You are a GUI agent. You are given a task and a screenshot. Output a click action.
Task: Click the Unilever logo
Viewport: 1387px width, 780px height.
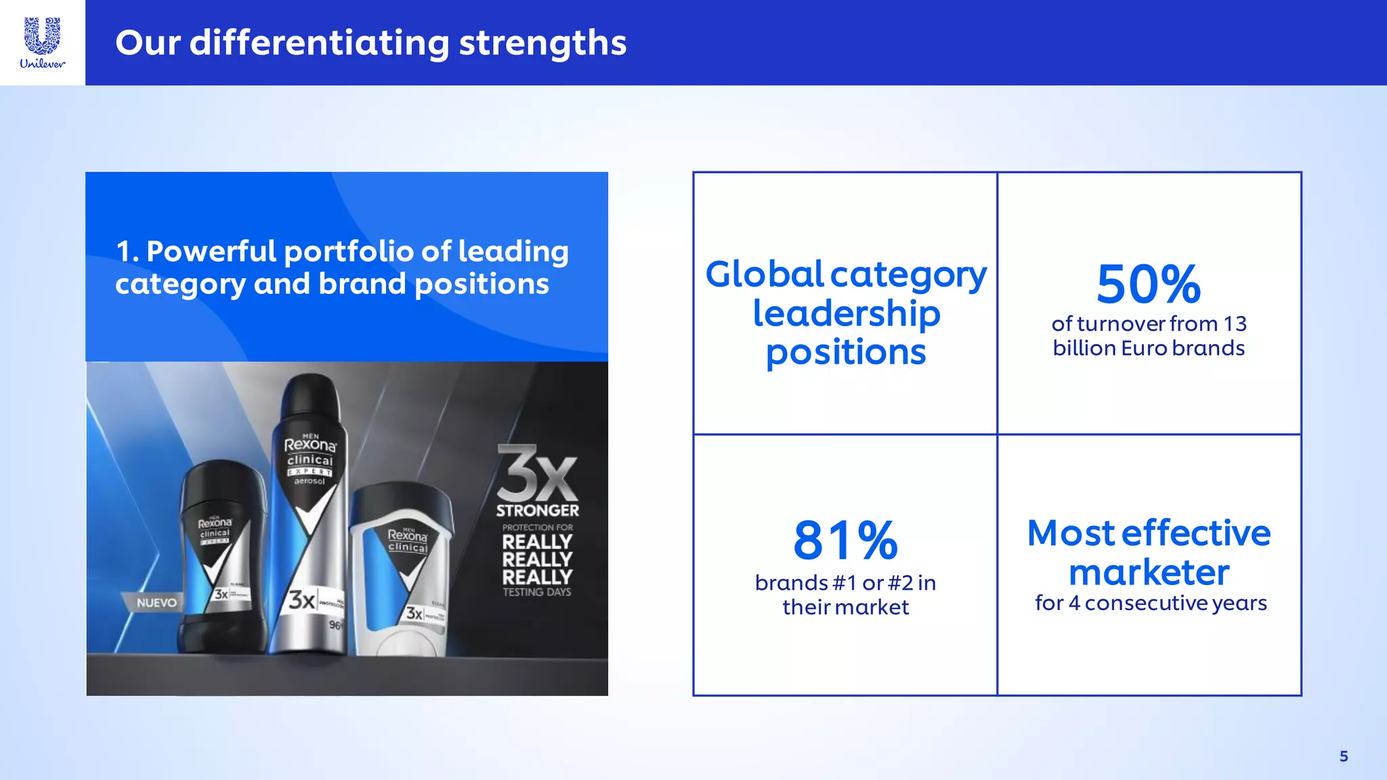42,43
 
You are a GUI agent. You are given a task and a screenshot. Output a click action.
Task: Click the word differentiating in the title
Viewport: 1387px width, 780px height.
319,43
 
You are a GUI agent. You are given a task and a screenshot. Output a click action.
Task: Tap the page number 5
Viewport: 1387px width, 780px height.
1344,756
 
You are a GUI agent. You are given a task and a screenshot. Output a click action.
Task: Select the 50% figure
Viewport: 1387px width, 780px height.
1149,284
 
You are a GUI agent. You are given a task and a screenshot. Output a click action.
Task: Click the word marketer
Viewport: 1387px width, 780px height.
1149,572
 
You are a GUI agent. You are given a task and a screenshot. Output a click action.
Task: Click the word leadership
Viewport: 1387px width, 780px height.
846,313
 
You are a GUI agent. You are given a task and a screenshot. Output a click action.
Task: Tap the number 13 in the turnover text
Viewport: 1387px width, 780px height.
1235,324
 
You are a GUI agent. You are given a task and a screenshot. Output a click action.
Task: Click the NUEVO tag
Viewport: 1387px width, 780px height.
156,603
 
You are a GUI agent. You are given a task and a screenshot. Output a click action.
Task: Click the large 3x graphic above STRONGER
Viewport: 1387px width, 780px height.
536,473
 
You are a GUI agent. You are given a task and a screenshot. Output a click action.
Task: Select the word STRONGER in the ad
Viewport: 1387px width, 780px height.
537,511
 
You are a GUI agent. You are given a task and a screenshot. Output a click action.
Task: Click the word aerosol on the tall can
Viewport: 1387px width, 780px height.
310,481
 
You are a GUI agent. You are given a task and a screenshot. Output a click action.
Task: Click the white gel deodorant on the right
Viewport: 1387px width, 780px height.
402,569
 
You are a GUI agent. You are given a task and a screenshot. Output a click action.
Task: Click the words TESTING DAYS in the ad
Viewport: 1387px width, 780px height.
536,592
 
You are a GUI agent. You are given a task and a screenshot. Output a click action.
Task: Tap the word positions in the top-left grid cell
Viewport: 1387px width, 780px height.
846,352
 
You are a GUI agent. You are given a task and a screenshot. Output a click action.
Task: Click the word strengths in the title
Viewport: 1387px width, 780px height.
542,43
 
